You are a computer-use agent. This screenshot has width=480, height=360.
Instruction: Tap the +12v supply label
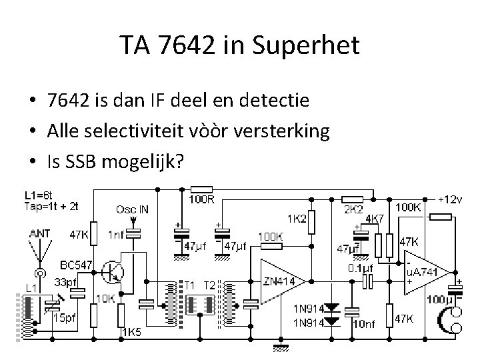(451, 199)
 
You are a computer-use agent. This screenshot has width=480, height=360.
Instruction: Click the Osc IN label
(132, 209)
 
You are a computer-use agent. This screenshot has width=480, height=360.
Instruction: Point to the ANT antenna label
(39, 233)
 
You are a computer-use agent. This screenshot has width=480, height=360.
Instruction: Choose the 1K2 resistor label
(297, 218)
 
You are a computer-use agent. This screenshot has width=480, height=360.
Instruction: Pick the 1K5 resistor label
(131, 331)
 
